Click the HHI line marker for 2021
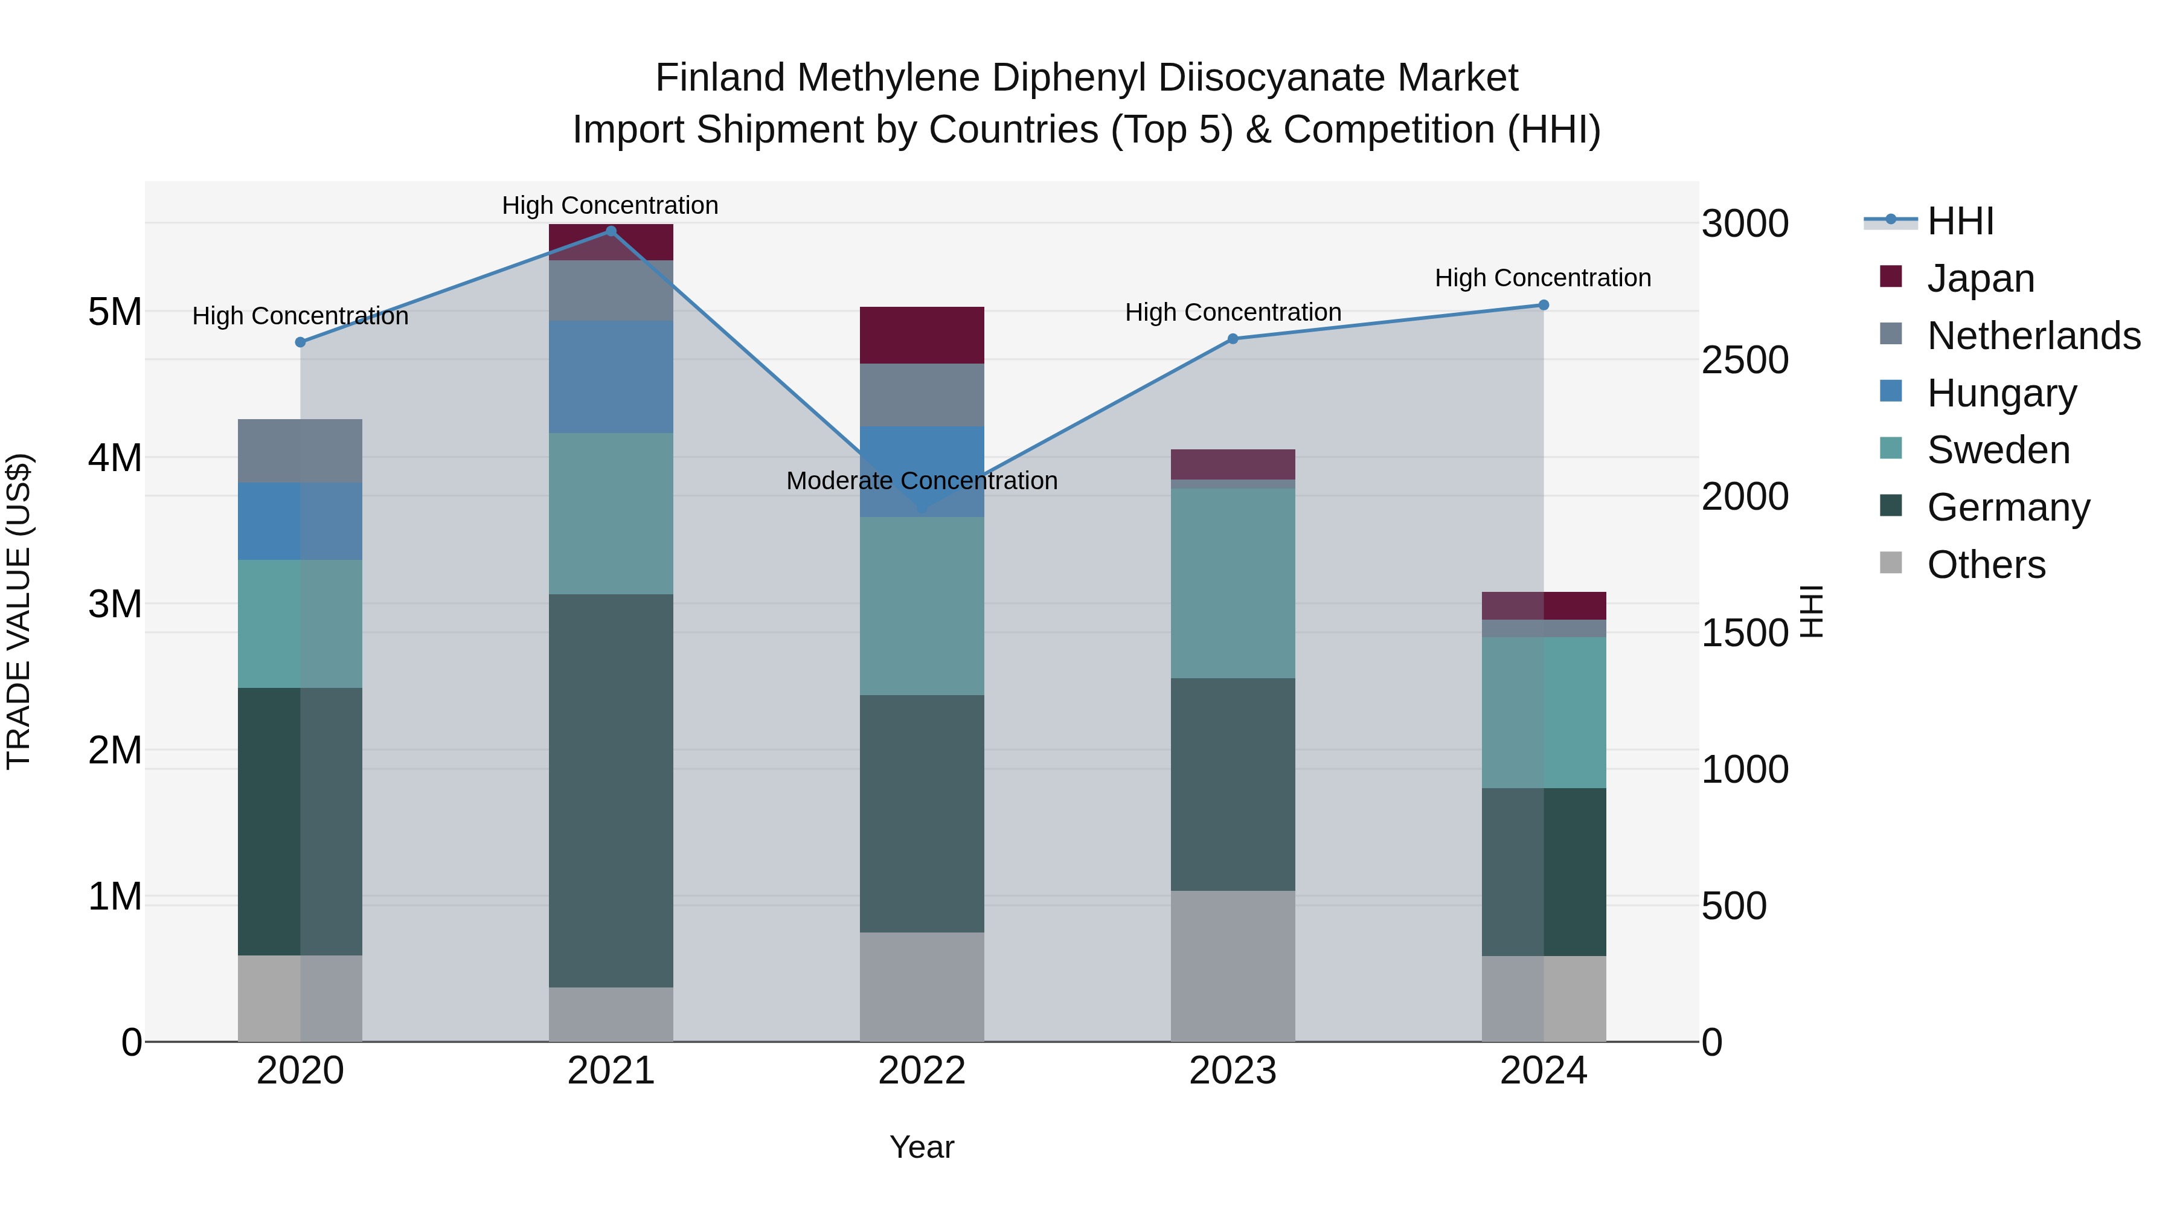(x=611, y=231)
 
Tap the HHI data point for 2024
(x=1544, y=305)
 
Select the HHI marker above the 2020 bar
(x=301, y=342)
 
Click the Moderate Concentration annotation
(x=922, y=480)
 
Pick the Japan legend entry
(x=1980, y=278)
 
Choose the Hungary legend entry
(x=2001, y=393)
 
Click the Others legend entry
(x=1986, y=564)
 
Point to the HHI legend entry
(x=1960, y=221)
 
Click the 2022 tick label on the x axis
(x=922, y=1071)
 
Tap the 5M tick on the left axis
(x=115, y=312)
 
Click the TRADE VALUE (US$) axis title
(x=19, y=611)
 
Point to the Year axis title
(x=922, y=1147)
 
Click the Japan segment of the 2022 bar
(x=922, y=335)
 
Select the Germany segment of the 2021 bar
(x=611, y=790)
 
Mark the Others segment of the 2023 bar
(x=1233, y=966)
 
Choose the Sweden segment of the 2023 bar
(x=1233, y=583)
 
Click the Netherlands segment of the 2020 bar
(x=301, y=451)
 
